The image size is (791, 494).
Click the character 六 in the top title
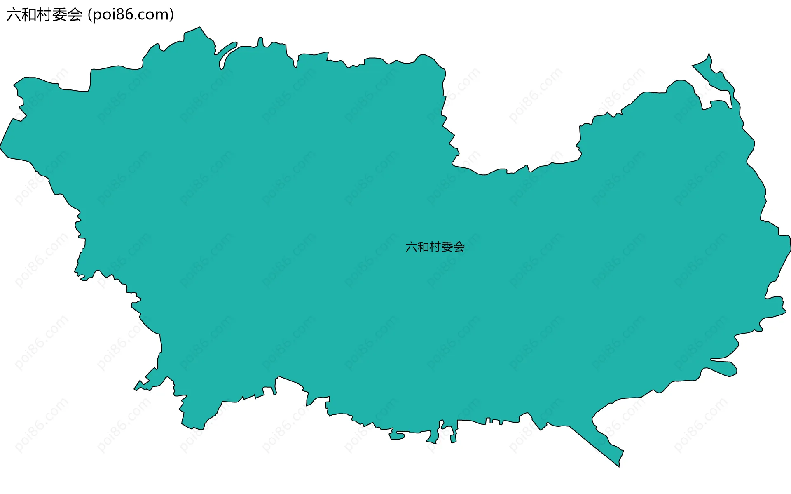(x=14, y=15)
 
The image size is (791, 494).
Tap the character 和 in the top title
(x=29, y=15)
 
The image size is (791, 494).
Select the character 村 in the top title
(x=44, y=15)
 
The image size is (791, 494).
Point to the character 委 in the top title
(x=60, y=15)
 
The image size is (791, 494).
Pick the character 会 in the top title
(x=75, y=15)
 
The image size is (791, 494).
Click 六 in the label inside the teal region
(x=411, y=247)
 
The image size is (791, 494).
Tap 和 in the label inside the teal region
(x=423, y=247)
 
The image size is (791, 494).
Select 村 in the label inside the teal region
(x=435, y=247)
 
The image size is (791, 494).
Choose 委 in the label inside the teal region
(x=447, y=247)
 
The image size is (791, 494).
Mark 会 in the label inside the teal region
(x=459, y=247)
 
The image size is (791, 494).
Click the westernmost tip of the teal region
(x=1, y=146)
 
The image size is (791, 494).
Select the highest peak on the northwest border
(x=200, y=28)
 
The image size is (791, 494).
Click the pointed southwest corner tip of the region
(x=135, y=388)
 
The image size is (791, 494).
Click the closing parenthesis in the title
(x=171, y=15)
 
